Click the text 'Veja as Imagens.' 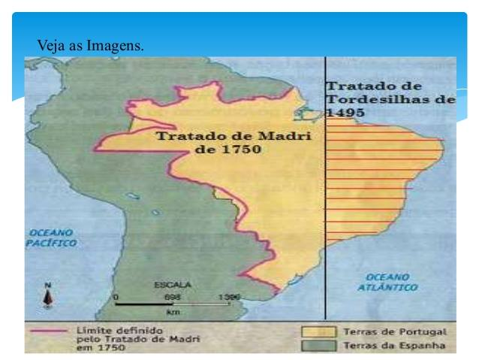pos(90,47)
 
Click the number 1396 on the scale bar pos(230,298)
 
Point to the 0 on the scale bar pos(116,298)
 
